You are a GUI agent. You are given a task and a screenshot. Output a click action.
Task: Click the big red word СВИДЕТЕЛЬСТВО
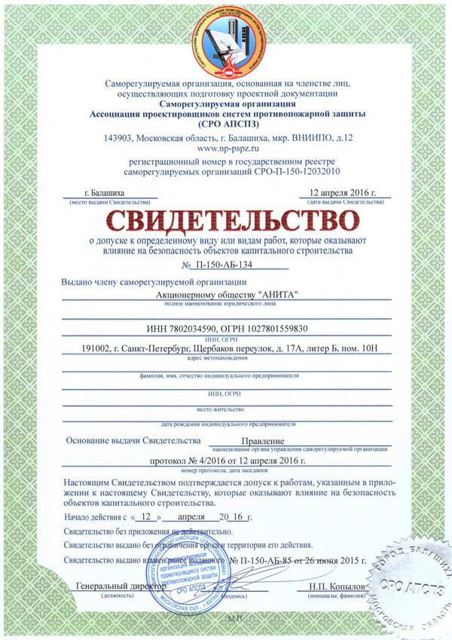tap(226, 219)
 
